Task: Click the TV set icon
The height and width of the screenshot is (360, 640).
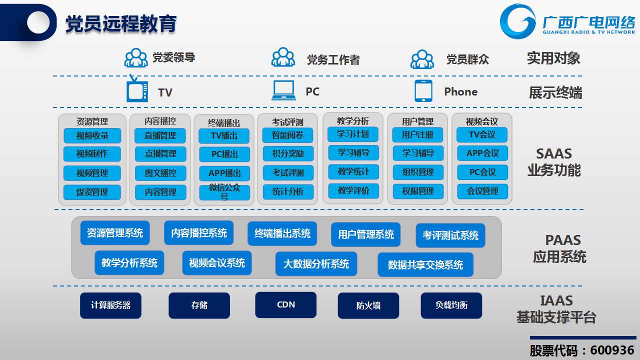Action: tap(137, 88)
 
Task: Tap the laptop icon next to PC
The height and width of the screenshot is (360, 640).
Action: tap(283, 90)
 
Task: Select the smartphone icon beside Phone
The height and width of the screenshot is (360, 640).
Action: tap(423, 91)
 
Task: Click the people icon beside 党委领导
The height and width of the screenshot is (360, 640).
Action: tap(136, 57)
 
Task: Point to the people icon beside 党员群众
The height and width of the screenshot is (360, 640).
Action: tap(422, 59)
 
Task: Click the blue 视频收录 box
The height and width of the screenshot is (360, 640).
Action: tap(92, 135)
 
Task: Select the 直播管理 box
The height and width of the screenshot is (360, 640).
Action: tap(160, 135)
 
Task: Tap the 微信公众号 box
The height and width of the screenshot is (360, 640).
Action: tap(224, 192)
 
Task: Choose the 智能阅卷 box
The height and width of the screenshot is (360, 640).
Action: tap(287, 135)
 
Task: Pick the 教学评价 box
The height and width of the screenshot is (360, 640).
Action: tap(353, 190)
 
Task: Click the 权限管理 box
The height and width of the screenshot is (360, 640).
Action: tap(418, 191)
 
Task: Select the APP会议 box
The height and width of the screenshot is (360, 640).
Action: tap(482, 153)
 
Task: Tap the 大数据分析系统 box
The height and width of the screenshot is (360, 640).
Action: tap(316, 263)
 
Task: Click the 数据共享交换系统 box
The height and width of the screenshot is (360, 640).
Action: tap(425, 264)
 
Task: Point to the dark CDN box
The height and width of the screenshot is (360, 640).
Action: tap(285, 305)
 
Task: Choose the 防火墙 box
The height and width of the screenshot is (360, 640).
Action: tap(368, 305)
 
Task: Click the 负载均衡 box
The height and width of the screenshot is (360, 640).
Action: tap(451, 305)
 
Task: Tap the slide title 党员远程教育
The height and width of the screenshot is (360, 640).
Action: tap(121, 23)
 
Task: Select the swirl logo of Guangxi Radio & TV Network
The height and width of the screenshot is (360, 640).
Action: tap(517, 21)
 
